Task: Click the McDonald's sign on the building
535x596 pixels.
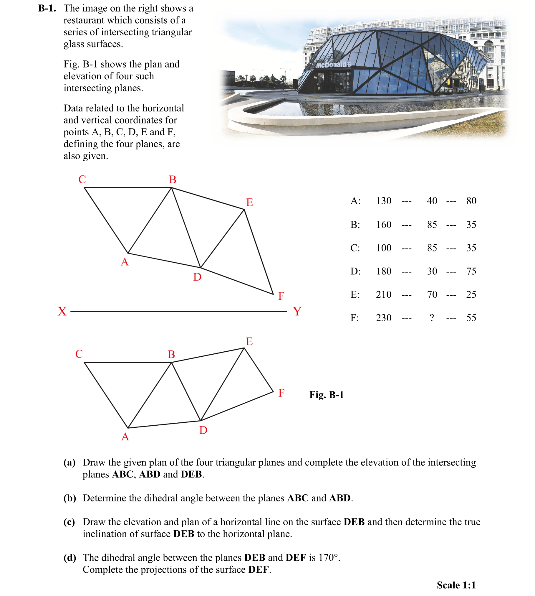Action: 334,64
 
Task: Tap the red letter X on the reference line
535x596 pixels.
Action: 62,311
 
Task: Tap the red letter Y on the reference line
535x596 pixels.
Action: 297,311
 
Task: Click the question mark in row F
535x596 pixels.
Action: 432,318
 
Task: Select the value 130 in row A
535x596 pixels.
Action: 384,201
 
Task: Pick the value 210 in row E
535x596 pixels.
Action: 384,294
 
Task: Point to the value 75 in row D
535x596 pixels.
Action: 471,271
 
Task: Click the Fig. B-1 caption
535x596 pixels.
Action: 327,395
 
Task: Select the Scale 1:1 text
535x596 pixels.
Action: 456,585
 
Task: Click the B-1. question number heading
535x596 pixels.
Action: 47,8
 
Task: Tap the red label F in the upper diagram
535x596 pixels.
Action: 281,296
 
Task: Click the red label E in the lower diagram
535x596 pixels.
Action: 249,341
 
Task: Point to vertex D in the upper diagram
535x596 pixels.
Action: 201,268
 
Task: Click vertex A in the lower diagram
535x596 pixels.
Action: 128,428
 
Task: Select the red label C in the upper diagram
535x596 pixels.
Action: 82,179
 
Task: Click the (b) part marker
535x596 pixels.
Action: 70,498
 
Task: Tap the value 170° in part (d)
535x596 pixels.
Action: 329,558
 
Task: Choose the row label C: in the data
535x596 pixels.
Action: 355,248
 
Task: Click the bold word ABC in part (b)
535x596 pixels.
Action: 298,498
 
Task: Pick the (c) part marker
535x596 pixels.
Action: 69,522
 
